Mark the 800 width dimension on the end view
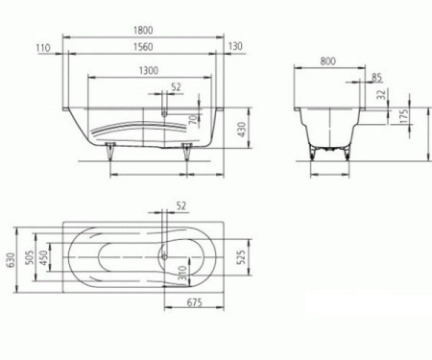point(330,59)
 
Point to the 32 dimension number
point(381,95)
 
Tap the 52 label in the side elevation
point(175,88)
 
